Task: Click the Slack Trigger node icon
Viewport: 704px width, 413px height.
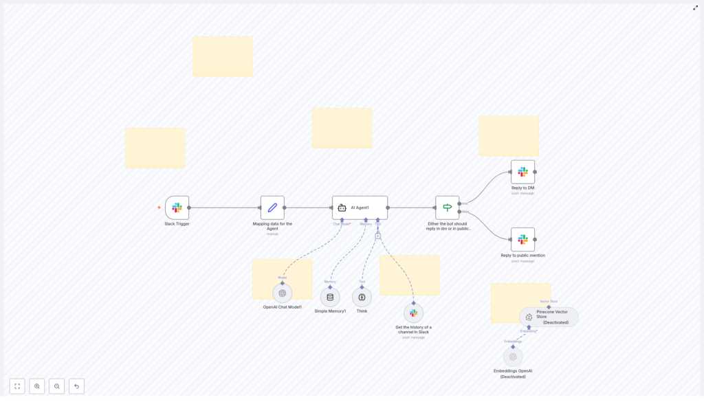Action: click(x=177, y=208)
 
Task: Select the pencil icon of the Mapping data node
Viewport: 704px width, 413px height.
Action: click(x=272, y=208)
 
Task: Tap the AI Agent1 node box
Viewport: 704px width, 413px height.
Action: click(x=360, y=208)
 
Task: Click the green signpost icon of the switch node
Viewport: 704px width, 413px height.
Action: click(x=447, y=208)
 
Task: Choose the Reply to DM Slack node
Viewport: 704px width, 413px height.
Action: click(x=522, y=172)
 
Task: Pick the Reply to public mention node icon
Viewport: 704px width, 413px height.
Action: click(x=522, y=239)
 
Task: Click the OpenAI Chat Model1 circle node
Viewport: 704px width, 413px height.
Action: click(x=282, y=293)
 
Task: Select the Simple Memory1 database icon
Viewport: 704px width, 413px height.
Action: click(x=330, y=297)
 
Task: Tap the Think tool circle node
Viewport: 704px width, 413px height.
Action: click(x=362, y=297)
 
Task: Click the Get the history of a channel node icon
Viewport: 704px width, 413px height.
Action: click(x=413, y=313)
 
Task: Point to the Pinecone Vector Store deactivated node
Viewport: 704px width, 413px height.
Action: click(x=549, y=317)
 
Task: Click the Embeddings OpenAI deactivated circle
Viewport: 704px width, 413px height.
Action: click(x=513, y=357)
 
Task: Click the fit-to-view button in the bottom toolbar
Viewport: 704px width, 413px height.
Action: click(x=17, y=386)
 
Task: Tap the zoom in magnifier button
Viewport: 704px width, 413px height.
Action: click(x=37, y=386)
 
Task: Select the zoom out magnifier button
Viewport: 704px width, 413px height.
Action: click(x=56, y=386)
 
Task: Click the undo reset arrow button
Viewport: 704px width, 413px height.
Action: click(x=76, y=386)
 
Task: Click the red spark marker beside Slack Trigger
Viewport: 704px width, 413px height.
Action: click(x=159, y=208)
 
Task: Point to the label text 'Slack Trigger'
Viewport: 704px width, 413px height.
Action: click(x=177, y=224)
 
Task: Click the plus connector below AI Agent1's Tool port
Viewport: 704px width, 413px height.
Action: click(x=377, y=236)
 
